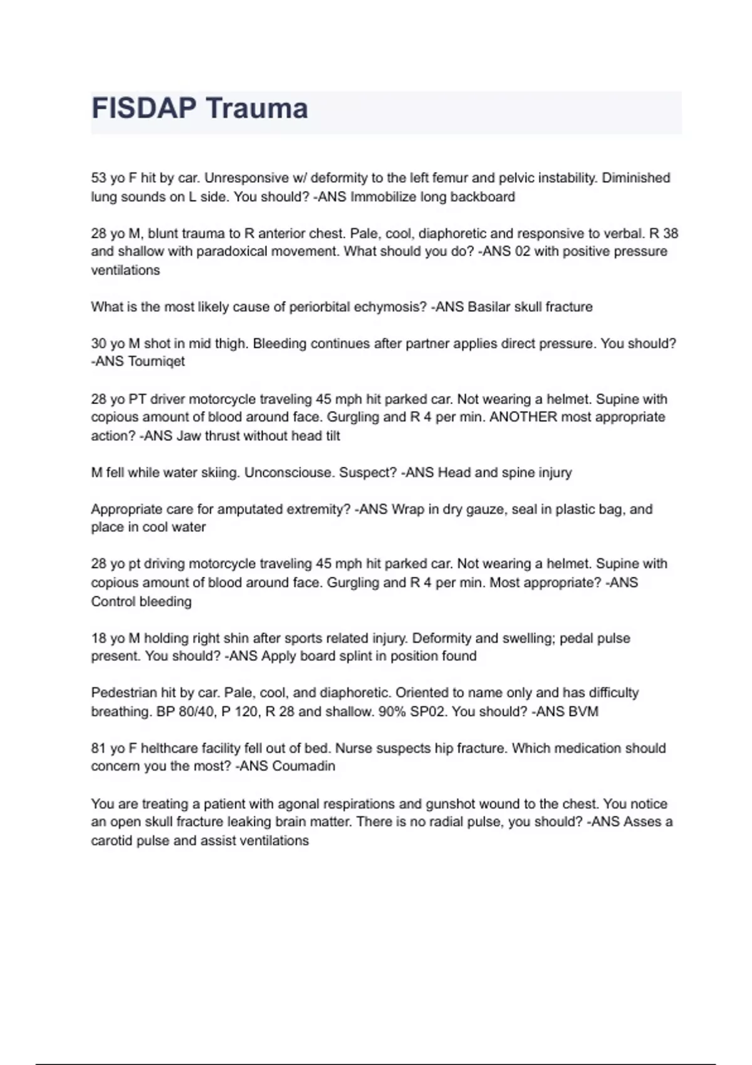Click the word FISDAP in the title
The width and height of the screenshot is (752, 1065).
point(144,108)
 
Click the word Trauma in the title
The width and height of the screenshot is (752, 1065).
point(257,108)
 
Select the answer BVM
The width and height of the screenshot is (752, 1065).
point(584,712)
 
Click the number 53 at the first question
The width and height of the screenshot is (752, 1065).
point(98,179)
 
